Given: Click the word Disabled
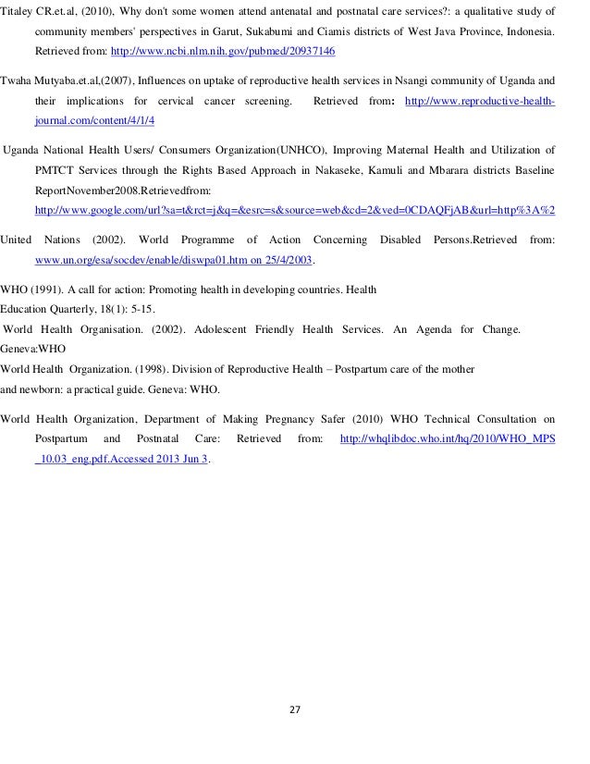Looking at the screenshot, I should pyautogui.click(x=400, y=240).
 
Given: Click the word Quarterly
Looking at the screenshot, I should pyautogui.click(x=80, y=308).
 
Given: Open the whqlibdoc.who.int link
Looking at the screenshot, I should pyautogui.click(x=449, y=438).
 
